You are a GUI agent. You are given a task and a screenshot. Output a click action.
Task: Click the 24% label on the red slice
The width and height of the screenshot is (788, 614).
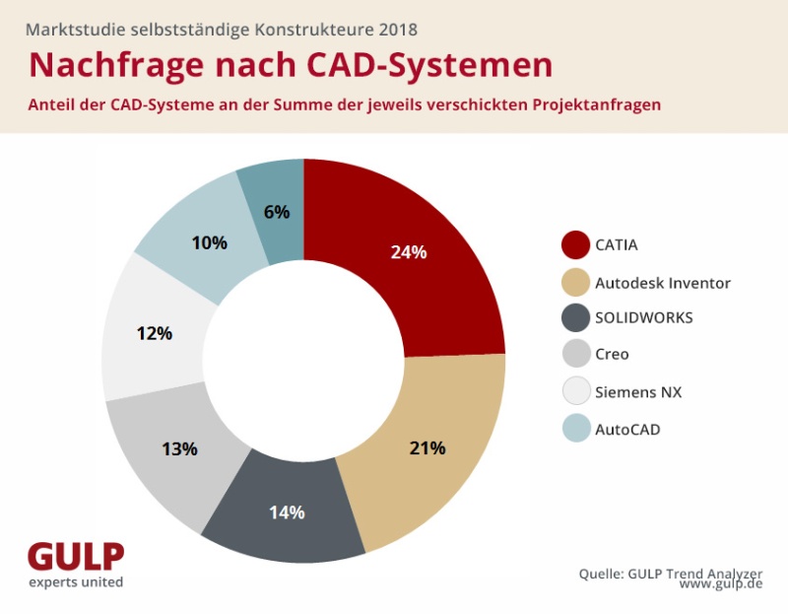point(408,252)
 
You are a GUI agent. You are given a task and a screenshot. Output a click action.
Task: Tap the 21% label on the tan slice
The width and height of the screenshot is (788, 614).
point(427,447)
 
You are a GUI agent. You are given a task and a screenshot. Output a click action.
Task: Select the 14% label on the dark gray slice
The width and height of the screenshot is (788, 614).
point(287,512)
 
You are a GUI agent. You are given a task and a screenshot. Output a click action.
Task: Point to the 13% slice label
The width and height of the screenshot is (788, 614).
point(179,449)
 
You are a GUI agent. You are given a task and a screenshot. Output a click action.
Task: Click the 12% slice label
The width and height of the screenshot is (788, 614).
point(154,333)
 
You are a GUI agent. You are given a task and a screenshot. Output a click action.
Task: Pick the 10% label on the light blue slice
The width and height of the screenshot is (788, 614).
point(209,242)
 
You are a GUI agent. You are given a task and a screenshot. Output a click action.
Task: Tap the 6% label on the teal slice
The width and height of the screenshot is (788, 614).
point(277,211)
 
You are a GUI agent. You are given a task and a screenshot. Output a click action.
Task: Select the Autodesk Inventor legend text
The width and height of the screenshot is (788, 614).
point(663,283)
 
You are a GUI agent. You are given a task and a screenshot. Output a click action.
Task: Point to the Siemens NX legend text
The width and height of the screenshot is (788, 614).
point(638,391)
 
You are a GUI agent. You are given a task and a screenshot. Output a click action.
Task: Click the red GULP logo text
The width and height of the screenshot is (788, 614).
point(76,557)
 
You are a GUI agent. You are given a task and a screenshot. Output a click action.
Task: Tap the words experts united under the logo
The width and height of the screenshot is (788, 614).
point(76,583)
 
